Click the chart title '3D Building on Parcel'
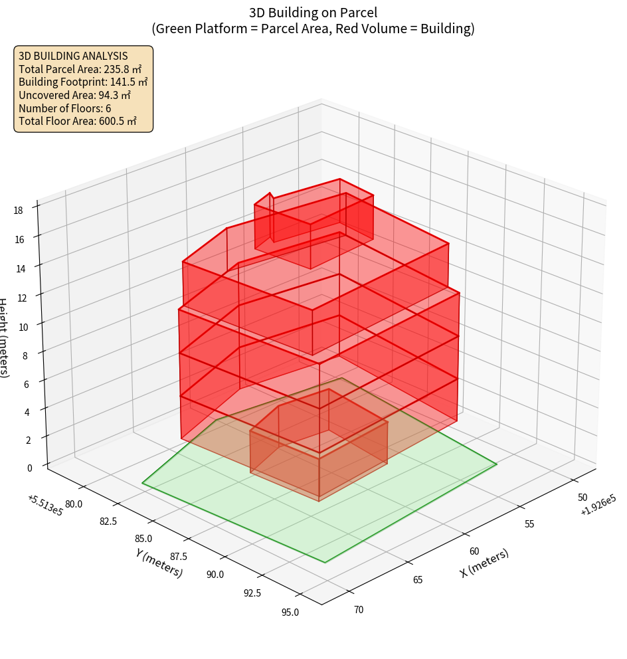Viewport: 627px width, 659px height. [313, 12]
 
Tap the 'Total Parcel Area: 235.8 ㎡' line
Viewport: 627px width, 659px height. [80, 68]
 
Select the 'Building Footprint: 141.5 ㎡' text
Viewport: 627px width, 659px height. [83, 82]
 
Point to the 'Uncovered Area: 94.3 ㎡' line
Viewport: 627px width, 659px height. [78, 95]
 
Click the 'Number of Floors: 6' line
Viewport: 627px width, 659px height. [65, 108]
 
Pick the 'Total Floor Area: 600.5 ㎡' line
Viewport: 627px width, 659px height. [78, 121]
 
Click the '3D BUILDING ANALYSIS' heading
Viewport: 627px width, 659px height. [73, 56]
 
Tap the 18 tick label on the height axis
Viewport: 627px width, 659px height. [18, 210]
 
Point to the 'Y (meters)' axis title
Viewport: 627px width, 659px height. [159, 562]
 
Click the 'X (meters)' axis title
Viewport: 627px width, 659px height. [484, 563]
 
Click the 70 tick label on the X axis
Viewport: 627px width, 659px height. [359, 609]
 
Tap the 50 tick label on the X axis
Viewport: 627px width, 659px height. [582, 497]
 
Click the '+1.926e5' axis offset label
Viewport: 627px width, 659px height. [598, 510]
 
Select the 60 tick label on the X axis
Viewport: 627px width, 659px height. [474, 551]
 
